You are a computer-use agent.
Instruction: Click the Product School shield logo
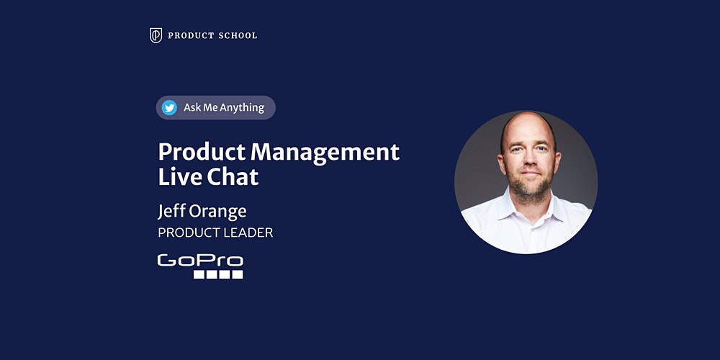point(156,35)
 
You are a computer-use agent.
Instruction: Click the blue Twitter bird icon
point(169,107)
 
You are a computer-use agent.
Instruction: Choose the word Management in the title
point(325,153)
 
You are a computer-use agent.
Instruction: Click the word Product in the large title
point(202,152)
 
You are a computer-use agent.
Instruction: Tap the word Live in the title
point(179,177)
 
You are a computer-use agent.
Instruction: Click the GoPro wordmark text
point(200,261)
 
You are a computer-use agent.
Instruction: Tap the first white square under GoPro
point(199,274)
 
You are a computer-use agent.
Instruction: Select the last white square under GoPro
point(237,274)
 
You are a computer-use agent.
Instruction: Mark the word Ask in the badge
point(192,108)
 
